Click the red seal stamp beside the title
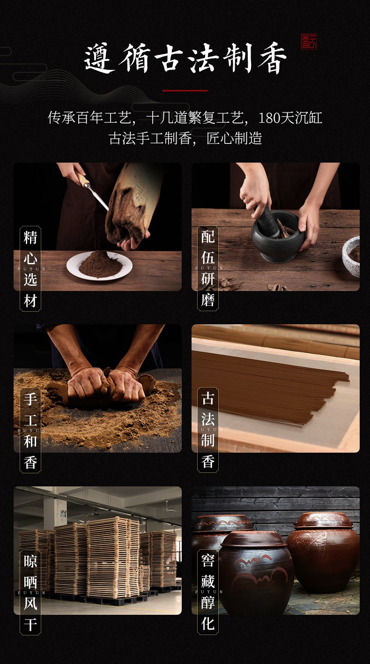pos(309,42)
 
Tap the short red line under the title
pos(185,90)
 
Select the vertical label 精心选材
pos(30,269)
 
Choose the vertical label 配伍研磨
pos(208,268)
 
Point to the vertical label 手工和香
pos(30,431)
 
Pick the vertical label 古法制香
pos(208,430)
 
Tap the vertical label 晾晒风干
pos(30,593)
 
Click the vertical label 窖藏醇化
pos(208,592)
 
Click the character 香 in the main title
pos(273,59)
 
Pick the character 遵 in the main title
pos(99,59)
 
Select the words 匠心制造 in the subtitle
pos(234,138)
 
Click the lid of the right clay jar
pos(323,521)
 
